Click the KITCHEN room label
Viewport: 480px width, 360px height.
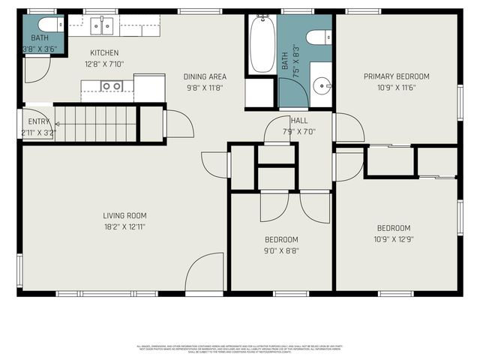[x=104, y=52]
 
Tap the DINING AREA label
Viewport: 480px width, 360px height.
[x=205, y=76]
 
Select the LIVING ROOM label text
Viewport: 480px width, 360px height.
[x=124, y=216]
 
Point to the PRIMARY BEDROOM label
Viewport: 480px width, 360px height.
[x=396, y=76]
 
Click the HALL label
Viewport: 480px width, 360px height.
[x=299, y=120]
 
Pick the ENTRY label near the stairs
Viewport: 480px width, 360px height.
[x=38, y=121]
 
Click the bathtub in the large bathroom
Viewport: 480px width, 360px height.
[x=262, y=45]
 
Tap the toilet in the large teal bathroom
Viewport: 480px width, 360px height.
[x=320, y=37]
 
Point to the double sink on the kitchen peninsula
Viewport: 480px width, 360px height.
[x=112, y=86]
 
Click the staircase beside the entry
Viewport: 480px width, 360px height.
[x=96, y=123]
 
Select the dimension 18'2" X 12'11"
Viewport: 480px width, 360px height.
[x=124, y=226]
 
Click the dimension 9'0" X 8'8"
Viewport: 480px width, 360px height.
[x=281, y=250]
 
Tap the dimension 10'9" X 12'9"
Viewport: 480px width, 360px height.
[x=394, y=240]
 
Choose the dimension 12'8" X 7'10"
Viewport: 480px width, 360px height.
[x=104, y=63]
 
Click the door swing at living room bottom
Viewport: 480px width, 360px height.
[x=205, y=271]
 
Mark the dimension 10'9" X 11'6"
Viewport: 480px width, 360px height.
[x=396, y=88]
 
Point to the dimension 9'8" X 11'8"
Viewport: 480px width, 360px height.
[x=205, y=88]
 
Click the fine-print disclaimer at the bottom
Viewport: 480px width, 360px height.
[x=240, y=349]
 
